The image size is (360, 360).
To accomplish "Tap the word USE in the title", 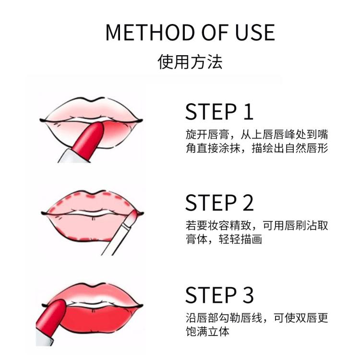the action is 255,32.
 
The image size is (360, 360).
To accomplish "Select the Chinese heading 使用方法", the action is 190,62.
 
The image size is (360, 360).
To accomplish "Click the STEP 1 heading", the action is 219,111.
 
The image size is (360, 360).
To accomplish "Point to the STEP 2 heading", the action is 219,203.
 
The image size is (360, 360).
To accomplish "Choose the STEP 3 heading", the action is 219,295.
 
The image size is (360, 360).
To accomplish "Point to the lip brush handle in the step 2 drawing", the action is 115,237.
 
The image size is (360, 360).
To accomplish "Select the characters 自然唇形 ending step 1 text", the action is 307,148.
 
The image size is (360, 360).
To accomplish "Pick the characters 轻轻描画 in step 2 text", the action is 240,239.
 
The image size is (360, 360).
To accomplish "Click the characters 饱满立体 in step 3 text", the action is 207,332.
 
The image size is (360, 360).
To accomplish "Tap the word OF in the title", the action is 215,32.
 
